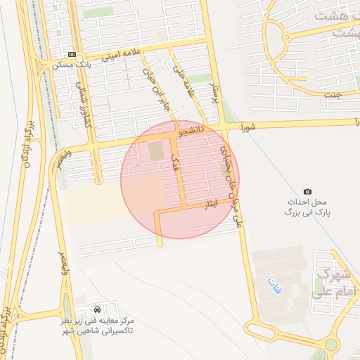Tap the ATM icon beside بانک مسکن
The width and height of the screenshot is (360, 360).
tap(72, 54)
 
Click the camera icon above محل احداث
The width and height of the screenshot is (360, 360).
tap(307, 191)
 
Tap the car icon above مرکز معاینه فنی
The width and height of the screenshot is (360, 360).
tap(96, 309)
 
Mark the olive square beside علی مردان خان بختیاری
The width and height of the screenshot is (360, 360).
tap(224, 169)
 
